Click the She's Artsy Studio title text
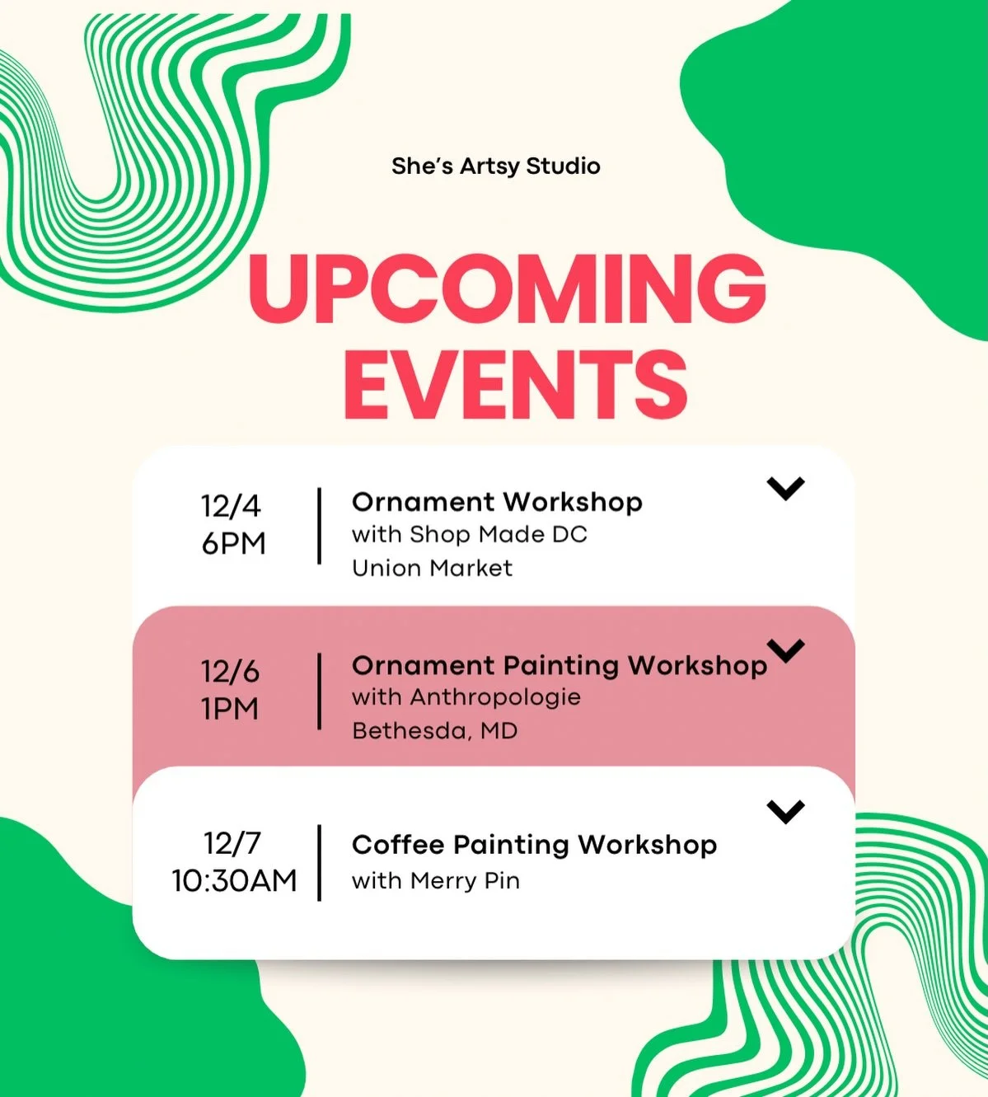[x=495, y=166]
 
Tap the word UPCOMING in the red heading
[x=507, y=288]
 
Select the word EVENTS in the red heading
[x=515, y=384]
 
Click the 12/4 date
[x=230, y=505]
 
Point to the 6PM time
[x=233, y=544]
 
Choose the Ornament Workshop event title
[x=497, y=502]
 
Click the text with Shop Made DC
[x=469, y=535]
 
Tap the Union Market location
[x=432, y=568]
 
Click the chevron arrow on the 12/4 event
[x=785, y=489]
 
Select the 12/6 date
[x=230, y=672]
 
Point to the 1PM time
[x=230, y=709]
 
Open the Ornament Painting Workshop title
[x=559, y=665]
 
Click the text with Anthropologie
[x=466, y=697]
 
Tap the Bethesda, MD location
[x=434, y=731]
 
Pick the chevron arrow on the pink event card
[x=786, y=651]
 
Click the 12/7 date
[x=232, y=843]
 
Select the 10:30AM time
[x=234, y=881]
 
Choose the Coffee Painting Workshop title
[x=534, y=845]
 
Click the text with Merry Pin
[x=435, y=881]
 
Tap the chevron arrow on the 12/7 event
[x=785, y=812]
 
